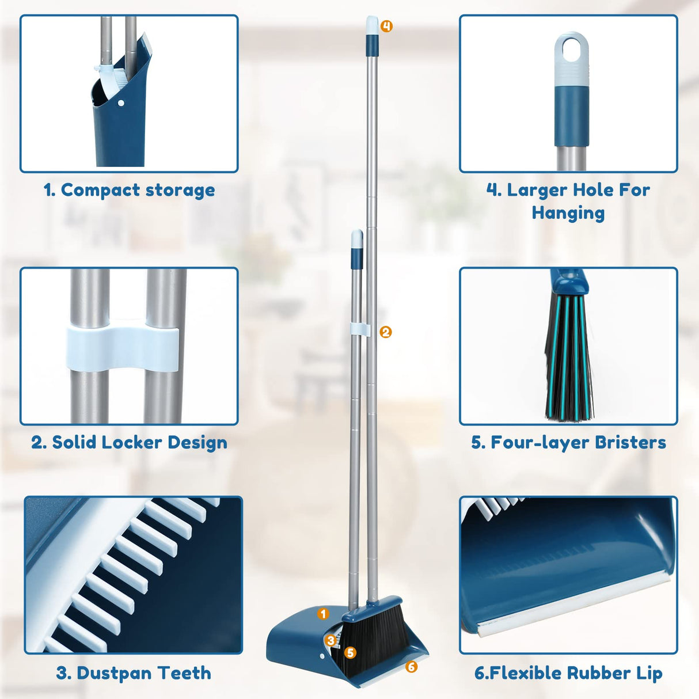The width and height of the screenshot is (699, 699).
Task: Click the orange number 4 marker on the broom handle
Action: [386, 26]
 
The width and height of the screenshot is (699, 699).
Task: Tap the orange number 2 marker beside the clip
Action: [386, 332]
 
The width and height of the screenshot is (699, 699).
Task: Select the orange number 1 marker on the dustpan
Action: [323, 614]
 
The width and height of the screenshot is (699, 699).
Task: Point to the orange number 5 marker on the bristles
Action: [350, 652]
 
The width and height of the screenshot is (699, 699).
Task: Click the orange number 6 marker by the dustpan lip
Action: [411, 667]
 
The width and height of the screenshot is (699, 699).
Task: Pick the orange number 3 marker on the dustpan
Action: [330, 640]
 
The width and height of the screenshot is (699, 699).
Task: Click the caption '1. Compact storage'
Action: [130, 190]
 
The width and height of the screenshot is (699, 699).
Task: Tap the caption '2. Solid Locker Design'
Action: [130, 442]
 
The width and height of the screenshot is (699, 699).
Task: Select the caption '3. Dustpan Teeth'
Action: [134, 673]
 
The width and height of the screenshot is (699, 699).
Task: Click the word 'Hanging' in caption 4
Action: [568, 213]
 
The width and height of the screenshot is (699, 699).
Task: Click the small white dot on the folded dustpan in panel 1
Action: [120, 104]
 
